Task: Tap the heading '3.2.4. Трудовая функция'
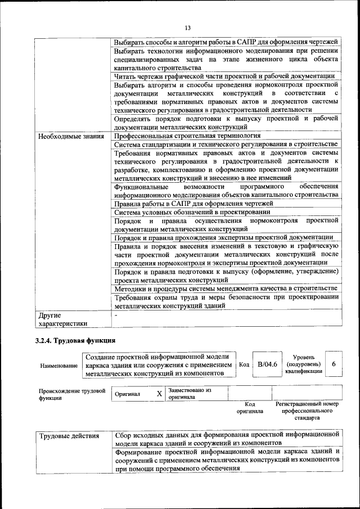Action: [x=75, y=340]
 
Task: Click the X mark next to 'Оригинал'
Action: [x=159, y=394]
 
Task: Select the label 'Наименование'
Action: [x=58, y=366]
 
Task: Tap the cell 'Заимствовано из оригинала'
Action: [x=189, y=393]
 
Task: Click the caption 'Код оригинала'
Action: [x=250, y=407]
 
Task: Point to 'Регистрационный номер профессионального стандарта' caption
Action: [x=307, y=411]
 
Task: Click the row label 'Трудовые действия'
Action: [x=69, y=436]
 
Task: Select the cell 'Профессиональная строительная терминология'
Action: [x=187, y=136]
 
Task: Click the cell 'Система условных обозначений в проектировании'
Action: [x=192, y=212]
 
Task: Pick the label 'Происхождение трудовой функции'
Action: [x=72, y=394]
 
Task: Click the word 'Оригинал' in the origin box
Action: [x=127, y=394]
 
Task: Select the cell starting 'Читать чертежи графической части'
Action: [x=224, y=76]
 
